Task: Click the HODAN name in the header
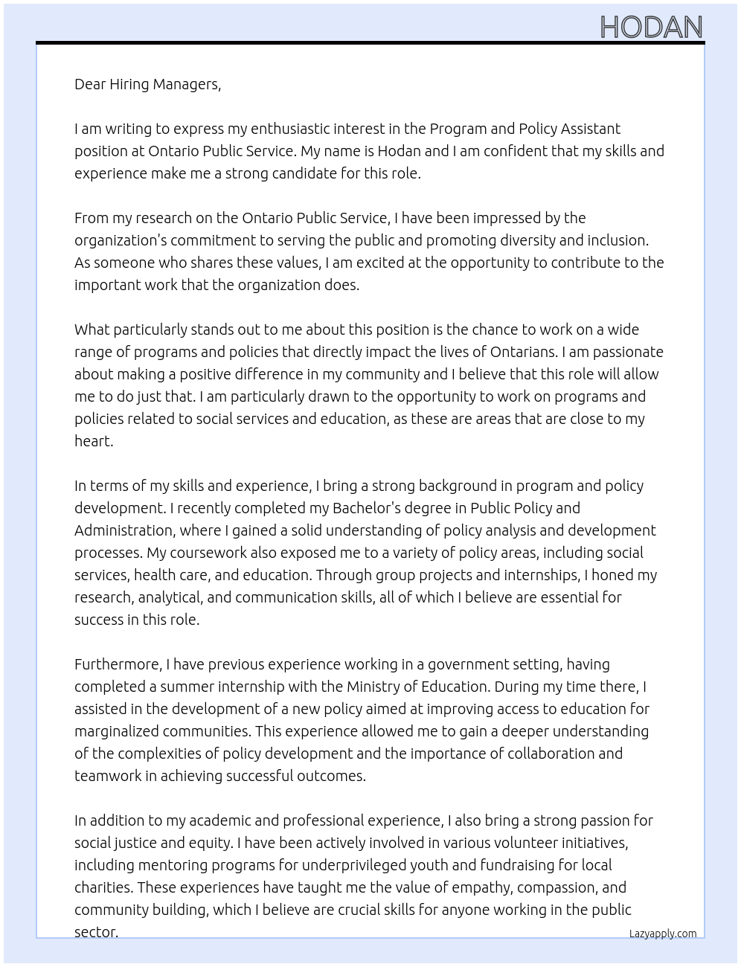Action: [x=651, y=28]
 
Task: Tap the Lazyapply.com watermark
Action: [x=663, y=934]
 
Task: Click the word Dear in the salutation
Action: [x=90, y=84]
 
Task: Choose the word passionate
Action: [x=626, y=352]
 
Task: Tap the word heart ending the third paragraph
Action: [x=92, y=441]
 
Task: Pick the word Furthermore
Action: [x=118, y=664]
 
